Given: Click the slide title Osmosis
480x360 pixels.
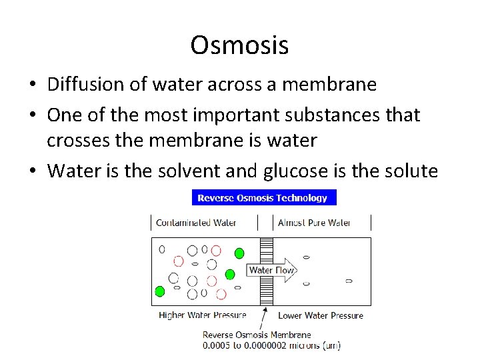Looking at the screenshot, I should coord(239,45).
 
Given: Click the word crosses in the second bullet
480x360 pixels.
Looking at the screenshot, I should coord(76,141).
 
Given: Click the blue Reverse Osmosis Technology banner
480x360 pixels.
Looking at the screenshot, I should coord(264,197).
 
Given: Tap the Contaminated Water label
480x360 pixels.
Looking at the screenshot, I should coord(196,223).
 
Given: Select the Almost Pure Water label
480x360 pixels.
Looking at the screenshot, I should coord(314,223).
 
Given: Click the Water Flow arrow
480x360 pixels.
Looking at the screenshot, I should coord(271,270).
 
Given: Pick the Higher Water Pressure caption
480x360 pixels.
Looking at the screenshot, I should coord(202,315).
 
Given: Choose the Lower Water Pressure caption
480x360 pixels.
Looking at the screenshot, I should coord(320,315).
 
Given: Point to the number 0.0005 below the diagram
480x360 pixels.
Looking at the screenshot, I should coord(217,345).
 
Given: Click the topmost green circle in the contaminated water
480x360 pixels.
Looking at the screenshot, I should coord(239,253).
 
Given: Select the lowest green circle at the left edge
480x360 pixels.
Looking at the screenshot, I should coord(160,291).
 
